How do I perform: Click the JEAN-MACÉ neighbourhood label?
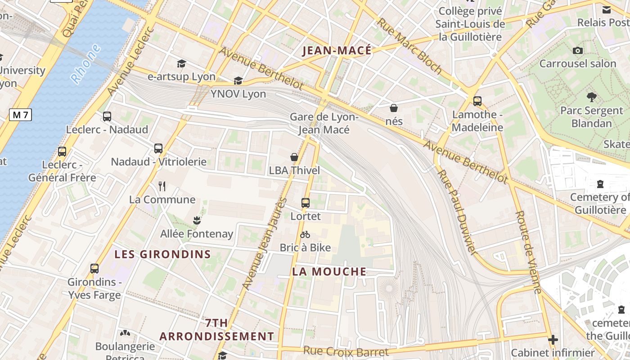click(x=337, y=50)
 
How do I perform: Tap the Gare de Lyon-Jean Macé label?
click(x=324, y=123)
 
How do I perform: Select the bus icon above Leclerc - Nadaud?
click(x=107, y=117)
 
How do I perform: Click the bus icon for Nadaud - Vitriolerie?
click(x=158, y=148)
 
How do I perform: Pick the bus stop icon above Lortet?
click(x=306, y=203)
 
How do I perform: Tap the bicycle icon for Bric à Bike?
click(x=305, y=234)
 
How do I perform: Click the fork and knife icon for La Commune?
click(x=162, y=186)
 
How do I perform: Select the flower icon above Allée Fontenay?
click(x=196, y=220)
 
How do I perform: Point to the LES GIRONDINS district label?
click(x=162, y=254)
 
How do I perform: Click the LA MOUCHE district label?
click(x=329, y=271)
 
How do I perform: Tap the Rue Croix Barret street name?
click(x=346, y=351)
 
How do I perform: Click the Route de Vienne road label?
click(x=528, y=252)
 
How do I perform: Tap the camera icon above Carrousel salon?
click(x=578, y=51)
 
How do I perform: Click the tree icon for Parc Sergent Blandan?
click(x=591, y=97)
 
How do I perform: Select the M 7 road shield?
click(x=20, y=115)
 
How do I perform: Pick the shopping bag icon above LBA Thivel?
click(x=294, y=157)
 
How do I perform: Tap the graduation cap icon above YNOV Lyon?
click(x=238, y=81)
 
